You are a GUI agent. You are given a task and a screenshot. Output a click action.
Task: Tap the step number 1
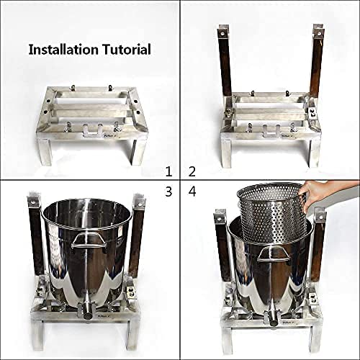click(x=168, y=171)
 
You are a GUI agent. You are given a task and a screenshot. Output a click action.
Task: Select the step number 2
click(x=192, y=171)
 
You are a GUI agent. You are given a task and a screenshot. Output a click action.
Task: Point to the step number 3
click(x=168, y=192)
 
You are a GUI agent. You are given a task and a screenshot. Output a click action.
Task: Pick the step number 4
click(x=192, y=192)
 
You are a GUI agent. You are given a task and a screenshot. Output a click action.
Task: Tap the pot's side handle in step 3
click(x=87, y=240)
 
